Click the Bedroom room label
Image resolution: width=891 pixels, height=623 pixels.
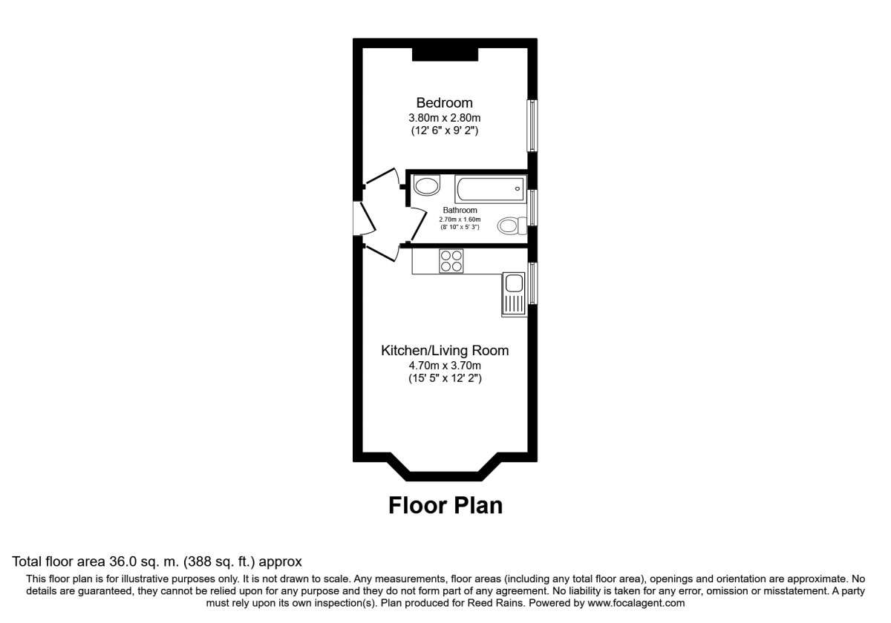point(444,103)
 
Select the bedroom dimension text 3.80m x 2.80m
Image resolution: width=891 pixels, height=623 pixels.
point(444,118)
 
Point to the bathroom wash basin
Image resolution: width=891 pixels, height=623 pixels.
point(426,185)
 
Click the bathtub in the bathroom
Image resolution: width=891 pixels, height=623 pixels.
point(490,189)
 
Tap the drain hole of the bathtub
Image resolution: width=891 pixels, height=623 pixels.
point(517,189)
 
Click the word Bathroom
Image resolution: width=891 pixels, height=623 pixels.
point(460,211)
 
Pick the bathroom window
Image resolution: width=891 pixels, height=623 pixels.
point(532,208)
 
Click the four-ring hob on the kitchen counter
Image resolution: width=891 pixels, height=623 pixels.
point(451,261)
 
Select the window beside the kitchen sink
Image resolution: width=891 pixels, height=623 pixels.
point(532,283)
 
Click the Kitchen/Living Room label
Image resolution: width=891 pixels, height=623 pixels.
point(444,350)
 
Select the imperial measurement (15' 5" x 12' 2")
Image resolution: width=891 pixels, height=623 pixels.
point(444,378)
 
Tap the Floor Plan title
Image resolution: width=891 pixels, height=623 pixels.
point(446,506)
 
